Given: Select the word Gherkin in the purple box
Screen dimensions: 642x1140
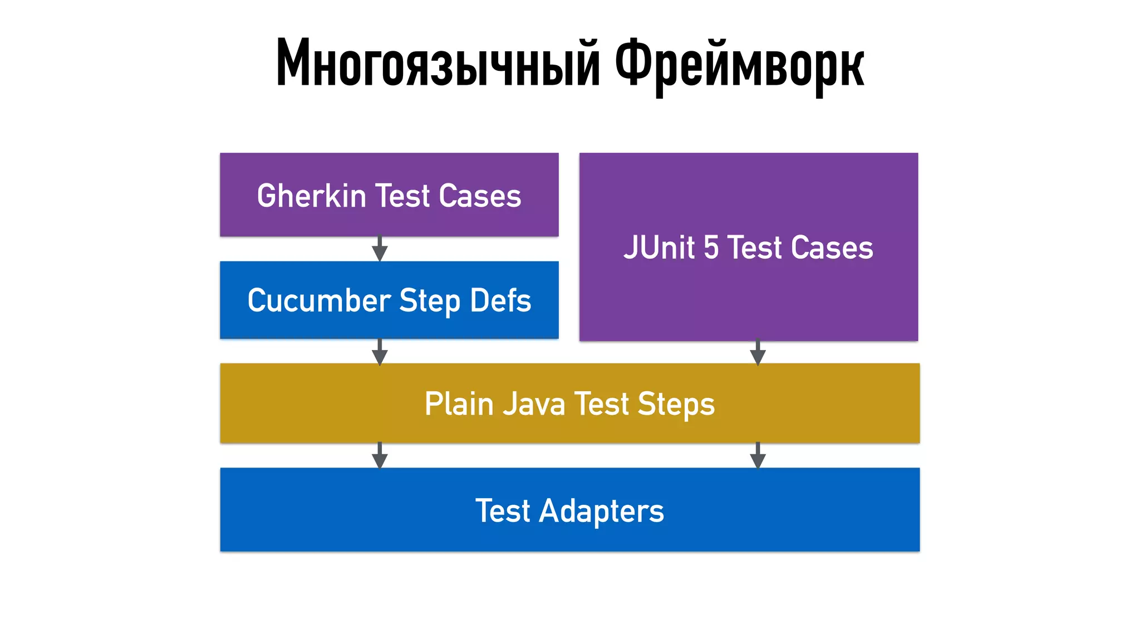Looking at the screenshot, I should (x=311, y=196).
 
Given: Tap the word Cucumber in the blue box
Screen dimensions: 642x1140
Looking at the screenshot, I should (x=319, y=301).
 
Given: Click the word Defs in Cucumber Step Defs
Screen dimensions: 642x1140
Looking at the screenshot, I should (x=500, y=301).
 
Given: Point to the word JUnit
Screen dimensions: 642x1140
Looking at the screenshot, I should (x=659, y=247).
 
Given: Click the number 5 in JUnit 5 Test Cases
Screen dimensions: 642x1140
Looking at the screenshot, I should (x=711, y=247).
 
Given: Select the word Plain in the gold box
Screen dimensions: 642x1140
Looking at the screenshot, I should (x=459, y=404).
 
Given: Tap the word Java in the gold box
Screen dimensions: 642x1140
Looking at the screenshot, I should (x=534, y=404).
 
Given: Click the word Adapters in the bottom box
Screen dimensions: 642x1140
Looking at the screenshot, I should (x=601, y=511).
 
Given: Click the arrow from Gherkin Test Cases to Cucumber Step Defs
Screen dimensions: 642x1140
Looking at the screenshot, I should (x=380, y=249).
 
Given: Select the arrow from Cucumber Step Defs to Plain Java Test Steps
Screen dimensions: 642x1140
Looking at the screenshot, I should (x=380, y=352).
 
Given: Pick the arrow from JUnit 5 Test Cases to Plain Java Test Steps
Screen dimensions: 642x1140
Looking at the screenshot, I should (x=758, y=352).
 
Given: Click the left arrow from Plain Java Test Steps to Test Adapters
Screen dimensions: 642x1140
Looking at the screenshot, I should (x=380, y=455).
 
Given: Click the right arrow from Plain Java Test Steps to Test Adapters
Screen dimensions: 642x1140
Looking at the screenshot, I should (x=758, y=455).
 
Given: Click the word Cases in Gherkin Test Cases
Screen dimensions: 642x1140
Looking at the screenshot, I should (x=480, y=196).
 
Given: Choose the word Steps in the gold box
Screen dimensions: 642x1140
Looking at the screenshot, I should (x=676, y=404).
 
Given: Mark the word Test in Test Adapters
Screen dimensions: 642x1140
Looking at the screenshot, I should (x=503, y=511).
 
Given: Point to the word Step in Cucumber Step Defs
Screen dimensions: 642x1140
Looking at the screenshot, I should (x=430, y=301).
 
